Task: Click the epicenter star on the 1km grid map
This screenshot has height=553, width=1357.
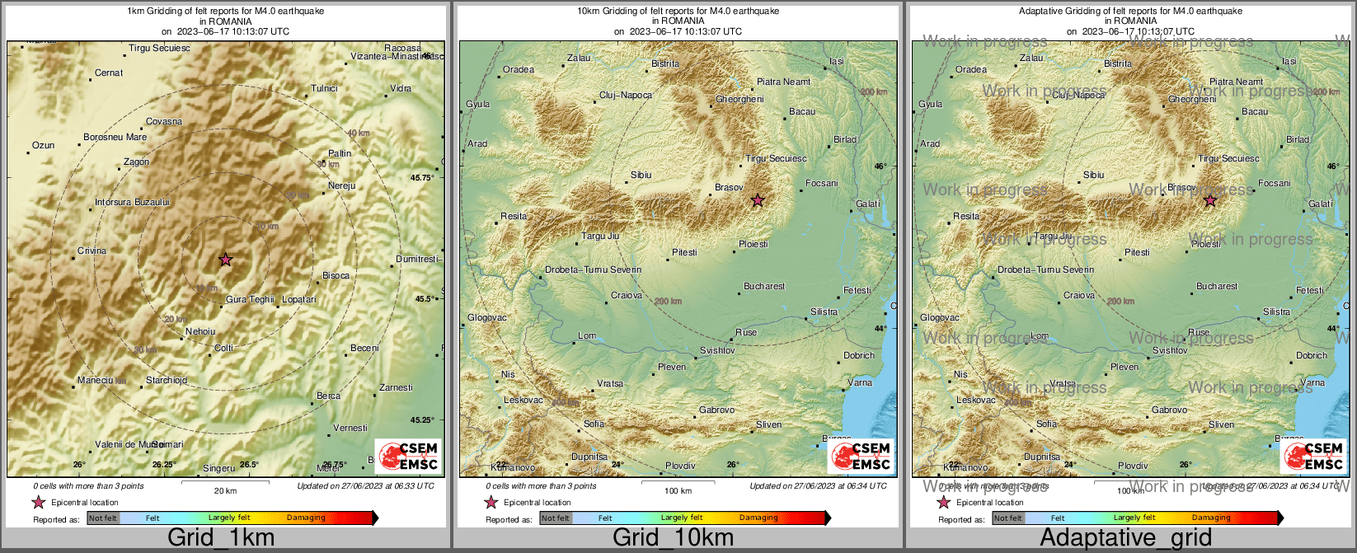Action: pos(225,260)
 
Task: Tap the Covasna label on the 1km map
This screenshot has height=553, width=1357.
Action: pos(164,121)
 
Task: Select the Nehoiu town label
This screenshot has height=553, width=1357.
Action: pos(200,331)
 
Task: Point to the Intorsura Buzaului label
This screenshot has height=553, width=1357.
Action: pos(132,202)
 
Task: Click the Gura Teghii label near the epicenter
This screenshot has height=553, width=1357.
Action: pos(250,299)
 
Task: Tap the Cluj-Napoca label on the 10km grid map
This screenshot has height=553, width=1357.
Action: pos(625,95)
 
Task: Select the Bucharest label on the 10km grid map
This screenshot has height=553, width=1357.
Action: pos(764,286)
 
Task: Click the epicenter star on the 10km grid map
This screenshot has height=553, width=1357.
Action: pos(758,200)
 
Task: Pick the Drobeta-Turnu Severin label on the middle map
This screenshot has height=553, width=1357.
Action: pos(593,269)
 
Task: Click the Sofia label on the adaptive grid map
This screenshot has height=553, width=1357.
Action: pos(1046,424)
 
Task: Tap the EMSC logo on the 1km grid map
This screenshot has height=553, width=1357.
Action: pos(409,456)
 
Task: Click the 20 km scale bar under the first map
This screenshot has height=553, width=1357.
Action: pos(225,481)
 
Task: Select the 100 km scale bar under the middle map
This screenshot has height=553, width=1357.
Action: pos(678,481)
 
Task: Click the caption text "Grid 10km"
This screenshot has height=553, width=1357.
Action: pos(673,538)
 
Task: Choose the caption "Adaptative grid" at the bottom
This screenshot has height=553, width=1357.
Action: pos(1125,538)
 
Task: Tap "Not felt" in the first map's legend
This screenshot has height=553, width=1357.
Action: pos(103,518)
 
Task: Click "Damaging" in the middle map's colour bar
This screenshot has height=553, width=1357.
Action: pos(758,518)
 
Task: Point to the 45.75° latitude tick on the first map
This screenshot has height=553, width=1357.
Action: pos(422,177)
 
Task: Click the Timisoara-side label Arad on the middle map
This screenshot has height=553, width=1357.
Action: pos(477,143)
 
